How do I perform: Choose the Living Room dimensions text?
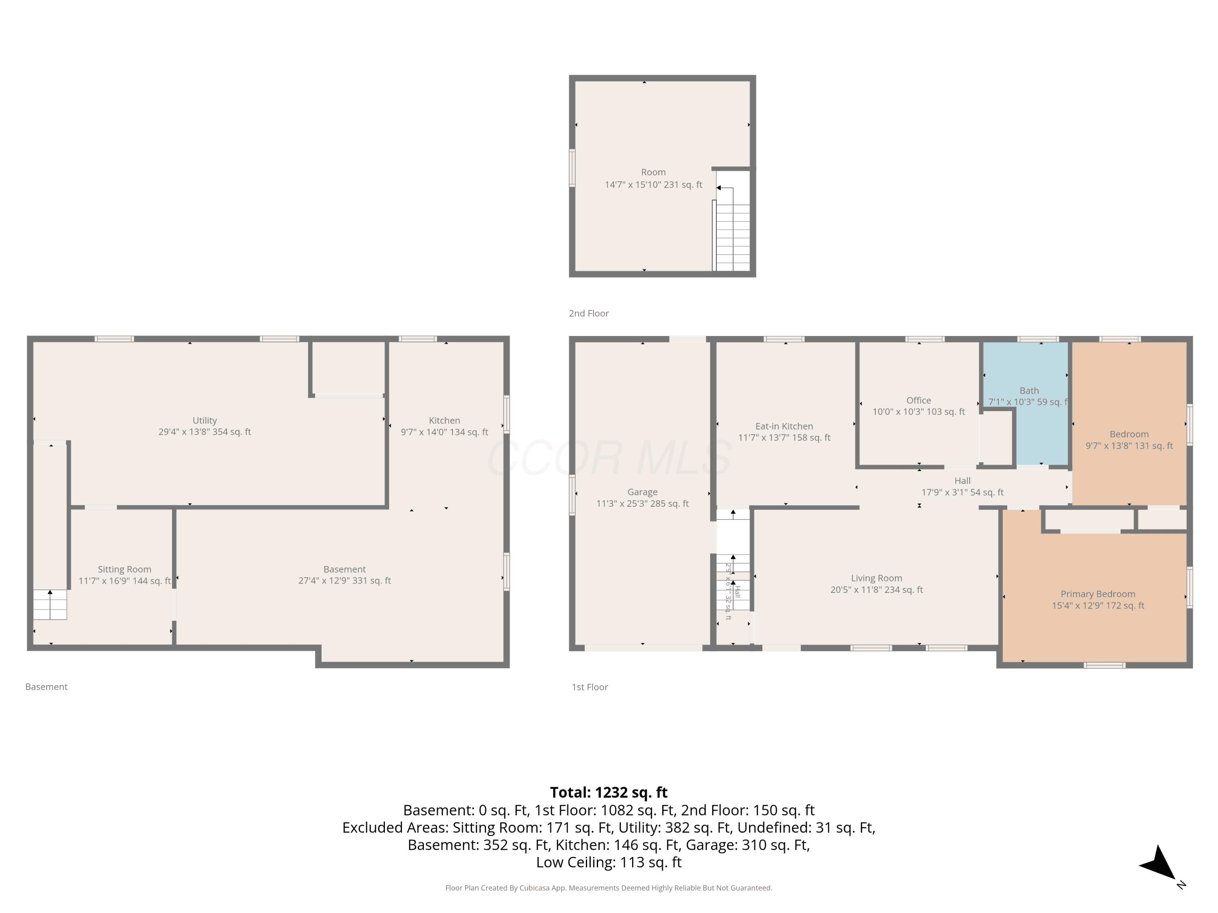click(877, 590)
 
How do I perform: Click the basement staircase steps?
click(50, 604)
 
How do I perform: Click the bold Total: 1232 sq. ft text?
click(609, 792)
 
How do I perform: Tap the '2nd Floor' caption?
click(589, 313)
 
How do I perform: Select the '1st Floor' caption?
click(590, 687)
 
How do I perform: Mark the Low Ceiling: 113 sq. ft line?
click(609, 862)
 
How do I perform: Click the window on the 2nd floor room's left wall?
click(572, 168)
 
